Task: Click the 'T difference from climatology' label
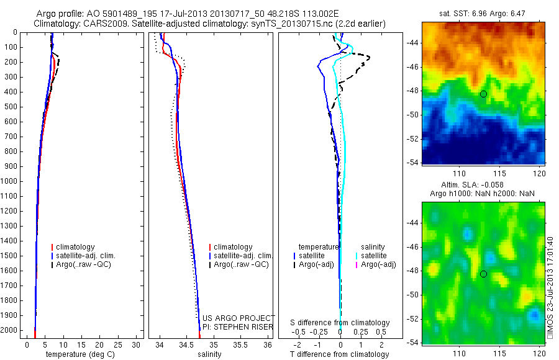click(339, 354)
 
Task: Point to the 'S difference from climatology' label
click(340, 323)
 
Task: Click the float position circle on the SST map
click(483, 94)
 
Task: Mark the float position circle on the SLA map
click(483, 274)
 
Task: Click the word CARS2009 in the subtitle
click(116, 24)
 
